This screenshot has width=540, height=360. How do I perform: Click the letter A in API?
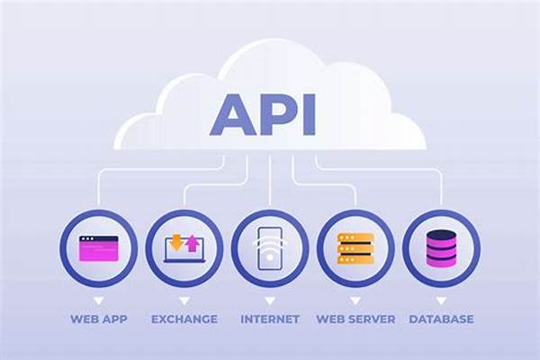[x=232, y=112]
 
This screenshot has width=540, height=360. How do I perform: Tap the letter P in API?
[x=272, y=112]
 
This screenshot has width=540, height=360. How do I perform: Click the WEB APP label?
[x=99, y=319]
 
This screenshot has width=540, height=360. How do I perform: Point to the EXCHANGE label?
[x=184, y=319]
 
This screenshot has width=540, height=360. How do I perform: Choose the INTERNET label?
[x=270, y=319]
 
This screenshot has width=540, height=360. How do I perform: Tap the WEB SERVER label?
[x=355, y=319]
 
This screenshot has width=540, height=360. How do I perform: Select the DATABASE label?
[x=441, y=319]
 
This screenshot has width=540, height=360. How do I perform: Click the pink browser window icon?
[x=99, y=247]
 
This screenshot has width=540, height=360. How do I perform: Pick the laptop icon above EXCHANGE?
[x=184, y=248]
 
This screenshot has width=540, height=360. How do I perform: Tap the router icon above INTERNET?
[x=270, y=247]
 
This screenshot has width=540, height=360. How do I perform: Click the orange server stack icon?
[x=355, y=247]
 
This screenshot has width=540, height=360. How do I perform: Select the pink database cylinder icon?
[x=441, y=247]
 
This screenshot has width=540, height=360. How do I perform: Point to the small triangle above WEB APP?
[x=99, y=299]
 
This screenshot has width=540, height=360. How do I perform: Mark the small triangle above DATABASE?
[x=441, y=299]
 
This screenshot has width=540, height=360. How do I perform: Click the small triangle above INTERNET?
[x=270, y=299]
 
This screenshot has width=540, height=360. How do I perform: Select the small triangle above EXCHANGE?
[x=184, y=299]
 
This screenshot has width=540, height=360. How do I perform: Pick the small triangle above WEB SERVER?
[x=355, y=299]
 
